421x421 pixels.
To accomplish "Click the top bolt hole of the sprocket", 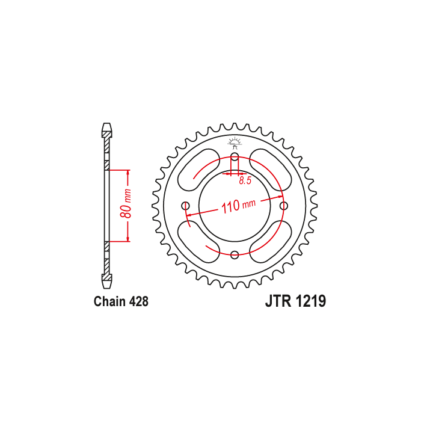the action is click(x=235, y=157).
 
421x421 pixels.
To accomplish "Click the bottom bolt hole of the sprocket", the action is click(x=235, y=255).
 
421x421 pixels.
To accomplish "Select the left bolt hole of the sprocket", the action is click(x=185, y=206).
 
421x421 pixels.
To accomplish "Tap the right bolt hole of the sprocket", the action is click(x=284, y=206).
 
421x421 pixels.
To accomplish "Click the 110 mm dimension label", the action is click(x=238, y=206).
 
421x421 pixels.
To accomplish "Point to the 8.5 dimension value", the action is click(x=245, y=180).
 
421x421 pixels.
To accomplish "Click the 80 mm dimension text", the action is click(x=126, y=203).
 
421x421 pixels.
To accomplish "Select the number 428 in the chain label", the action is click(x=138, y=301).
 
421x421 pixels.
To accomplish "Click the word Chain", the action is click(x=110, y=301).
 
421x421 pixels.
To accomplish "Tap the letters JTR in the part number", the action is click(x=278, y=301).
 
